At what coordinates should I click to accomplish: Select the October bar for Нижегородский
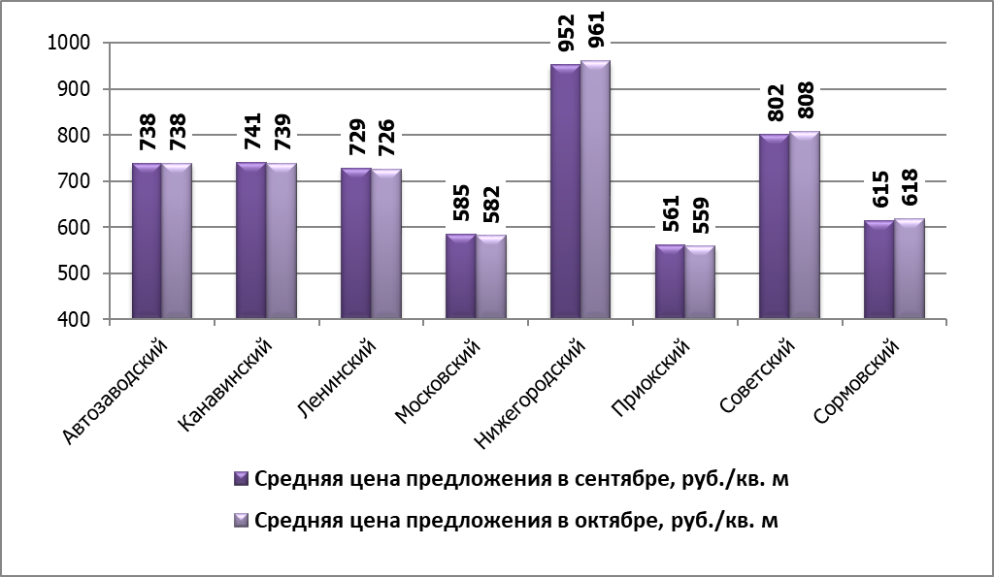(x=595, y=189)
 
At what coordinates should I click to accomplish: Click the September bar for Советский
(x=775, y=226)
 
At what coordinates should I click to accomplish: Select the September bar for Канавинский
(x=251, y=240)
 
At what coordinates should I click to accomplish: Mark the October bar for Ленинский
(x=386, y=243)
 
